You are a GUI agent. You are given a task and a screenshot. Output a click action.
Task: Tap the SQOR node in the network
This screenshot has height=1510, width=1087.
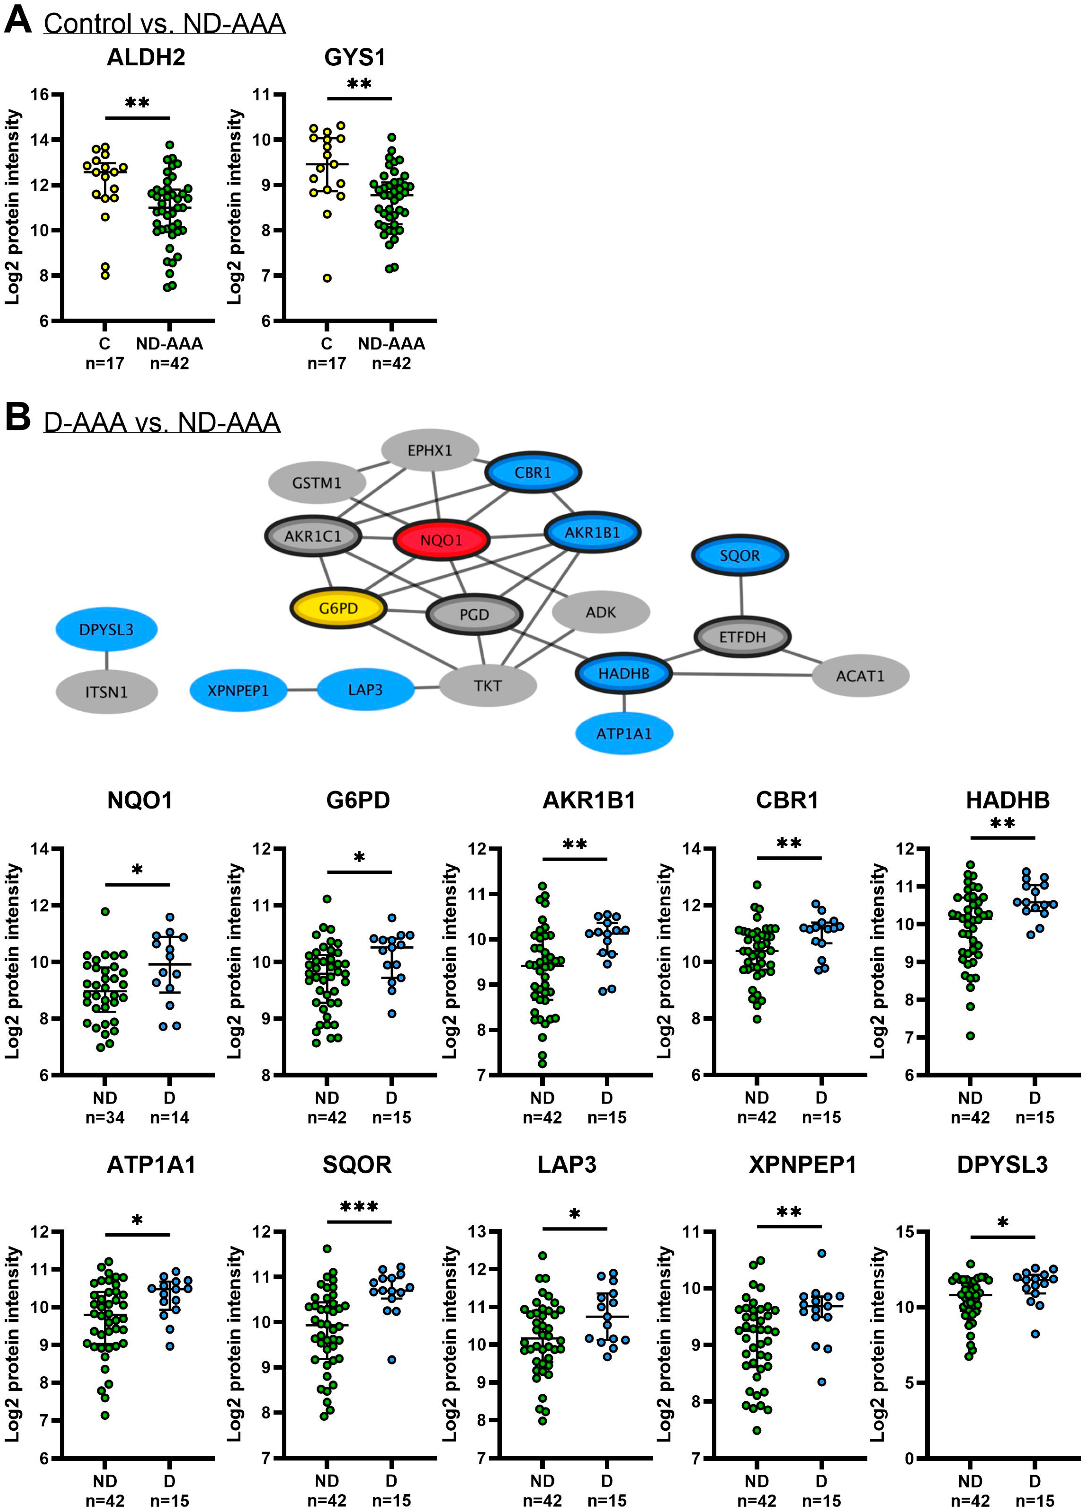coord(740,555)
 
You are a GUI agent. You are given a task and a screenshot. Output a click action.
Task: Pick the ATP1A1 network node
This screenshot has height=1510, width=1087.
coord(624,734)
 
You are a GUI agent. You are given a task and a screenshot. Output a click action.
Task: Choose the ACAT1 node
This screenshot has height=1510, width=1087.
coord(860,676)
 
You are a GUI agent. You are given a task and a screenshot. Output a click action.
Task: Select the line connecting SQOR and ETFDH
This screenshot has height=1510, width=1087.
coord(741,596)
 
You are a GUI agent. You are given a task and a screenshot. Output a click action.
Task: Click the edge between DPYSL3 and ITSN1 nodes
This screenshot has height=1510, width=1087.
coord(106,660)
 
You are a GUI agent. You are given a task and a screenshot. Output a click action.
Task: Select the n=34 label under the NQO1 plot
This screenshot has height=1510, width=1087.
coord(105,1117)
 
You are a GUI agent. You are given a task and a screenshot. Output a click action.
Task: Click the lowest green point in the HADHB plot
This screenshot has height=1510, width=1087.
coord(970,1035)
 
